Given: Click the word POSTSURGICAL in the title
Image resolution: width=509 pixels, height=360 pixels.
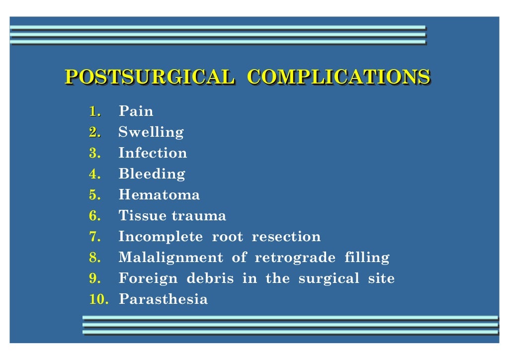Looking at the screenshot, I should click(149, 77).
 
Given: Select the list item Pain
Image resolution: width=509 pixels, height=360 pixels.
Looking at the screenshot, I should click(136, 111).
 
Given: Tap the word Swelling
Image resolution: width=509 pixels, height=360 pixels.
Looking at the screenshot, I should click(151, 133).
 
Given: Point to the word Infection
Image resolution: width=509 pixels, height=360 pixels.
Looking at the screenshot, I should click(153, 153).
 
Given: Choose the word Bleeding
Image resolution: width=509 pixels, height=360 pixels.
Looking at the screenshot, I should click(152, 175).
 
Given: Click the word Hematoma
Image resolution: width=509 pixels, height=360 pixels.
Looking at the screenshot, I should click(159, 195).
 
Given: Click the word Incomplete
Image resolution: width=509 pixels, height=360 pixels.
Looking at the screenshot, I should click(161, 237).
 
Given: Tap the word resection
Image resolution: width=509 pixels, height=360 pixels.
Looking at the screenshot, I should click(286, 237).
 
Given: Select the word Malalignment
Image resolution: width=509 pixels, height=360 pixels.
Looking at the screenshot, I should click(170, 258).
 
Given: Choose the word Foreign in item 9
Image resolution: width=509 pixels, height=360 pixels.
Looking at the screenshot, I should click(148, 279).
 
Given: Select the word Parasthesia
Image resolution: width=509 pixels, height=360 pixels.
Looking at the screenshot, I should click(163, 300).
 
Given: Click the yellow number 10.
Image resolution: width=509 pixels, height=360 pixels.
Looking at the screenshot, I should click(99, 300).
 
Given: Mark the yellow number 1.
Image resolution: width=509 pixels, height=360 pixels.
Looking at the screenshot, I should click(94, 111).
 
